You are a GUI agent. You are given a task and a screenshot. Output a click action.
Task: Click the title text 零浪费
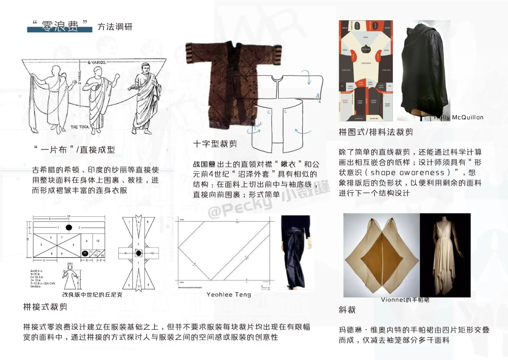click(60, 26)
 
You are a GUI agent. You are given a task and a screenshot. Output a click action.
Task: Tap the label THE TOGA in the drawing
click(80, 127)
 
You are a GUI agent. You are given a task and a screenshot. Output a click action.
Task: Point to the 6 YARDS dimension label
click(97, 62)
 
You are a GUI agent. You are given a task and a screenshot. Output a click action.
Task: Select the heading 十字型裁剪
click(215, 144)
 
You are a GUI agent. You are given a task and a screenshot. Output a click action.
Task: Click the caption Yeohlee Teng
click(229, 295)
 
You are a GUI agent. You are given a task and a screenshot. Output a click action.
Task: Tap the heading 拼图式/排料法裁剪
click(376, 132)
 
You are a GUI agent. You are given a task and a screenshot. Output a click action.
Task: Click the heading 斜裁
click(347, 310)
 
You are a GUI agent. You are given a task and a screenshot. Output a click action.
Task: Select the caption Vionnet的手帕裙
click(405, 300)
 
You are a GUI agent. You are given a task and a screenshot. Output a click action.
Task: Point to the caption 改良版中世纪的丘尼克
click(92, 295)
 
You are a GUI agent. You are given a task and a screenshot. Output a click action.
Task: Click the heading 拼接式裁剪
click(45, 307)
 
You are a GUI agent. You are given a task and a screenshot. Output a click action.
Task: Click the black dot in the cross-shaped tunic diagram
click(139, 253)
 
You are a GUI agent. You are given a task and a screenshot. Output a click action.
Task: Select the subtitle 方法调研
click(115, 27)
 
